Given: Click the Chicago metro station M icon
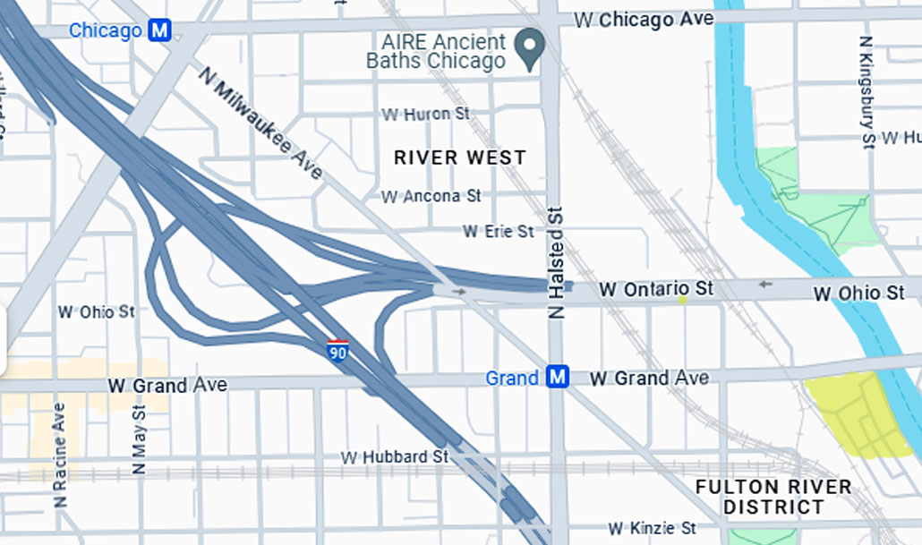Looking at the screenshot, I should tap(160, 30).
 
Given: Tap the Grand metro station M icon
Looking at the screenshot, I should tap(558, 378).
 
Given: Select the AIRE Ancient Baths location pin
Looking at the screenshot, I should tap(530, 49).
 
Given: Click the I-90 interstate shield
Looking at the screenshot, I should tap(337, 350).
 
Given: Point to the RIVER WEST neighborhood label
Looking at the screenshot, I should tap(460, 158).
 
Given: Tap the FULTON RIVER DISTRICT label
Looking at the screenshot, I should tap(774, 498).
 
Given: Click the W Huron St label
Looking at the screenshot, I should tap(425, 115).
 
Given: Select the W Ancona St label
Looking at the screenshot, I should tap(431, 195).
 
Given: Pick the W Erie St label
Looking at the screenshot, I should tap(498, 231).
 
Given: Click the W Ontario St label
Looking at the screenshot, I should tap(657, 289).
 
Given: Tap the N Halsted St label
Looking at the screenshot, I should tap(557, 263).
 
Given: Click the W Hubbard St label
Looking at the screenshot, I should tap(394, 456).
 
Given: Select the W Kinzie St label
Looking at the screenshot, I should tap(652, 529).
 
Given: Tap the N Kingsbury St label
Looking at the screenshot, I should tap(866, 91).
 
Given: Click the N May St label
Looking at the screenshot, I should tap(139, 439).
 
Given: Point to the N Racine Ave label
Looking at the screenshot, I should tap(60, 455).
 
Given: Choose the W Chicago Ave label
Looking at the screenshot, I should tap(644, 19).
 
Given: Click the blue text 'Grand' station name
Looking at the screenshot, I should tap(512, 378).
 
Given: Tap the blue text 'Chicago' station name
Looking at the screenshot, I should tap(106, 30).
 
